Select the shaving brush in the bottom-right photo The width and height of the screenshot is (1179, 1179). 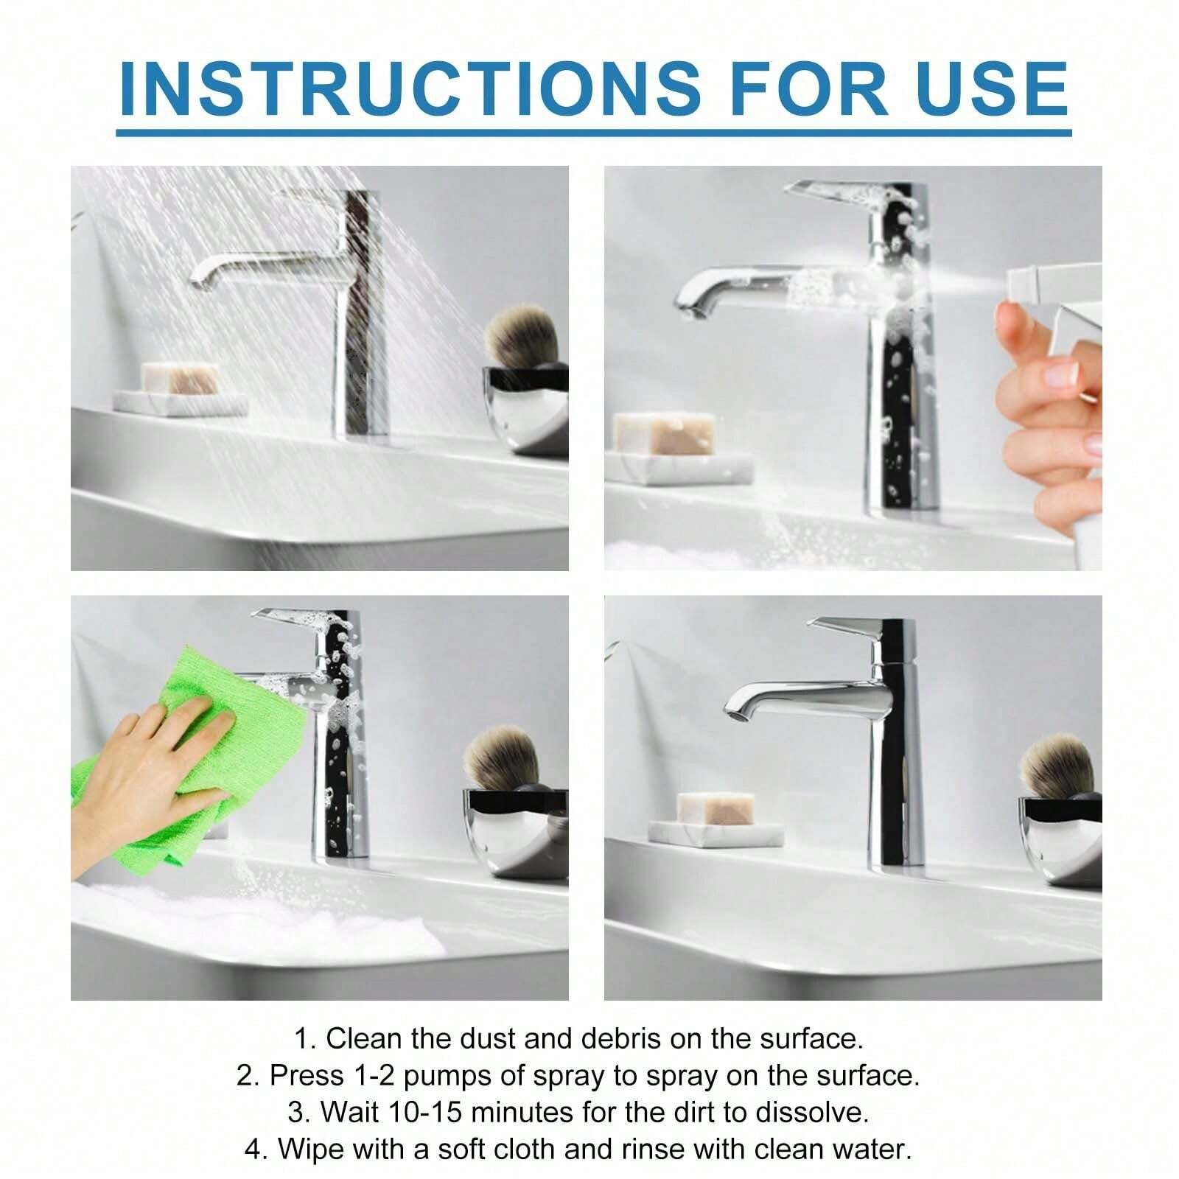[x=1057, y=766]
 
